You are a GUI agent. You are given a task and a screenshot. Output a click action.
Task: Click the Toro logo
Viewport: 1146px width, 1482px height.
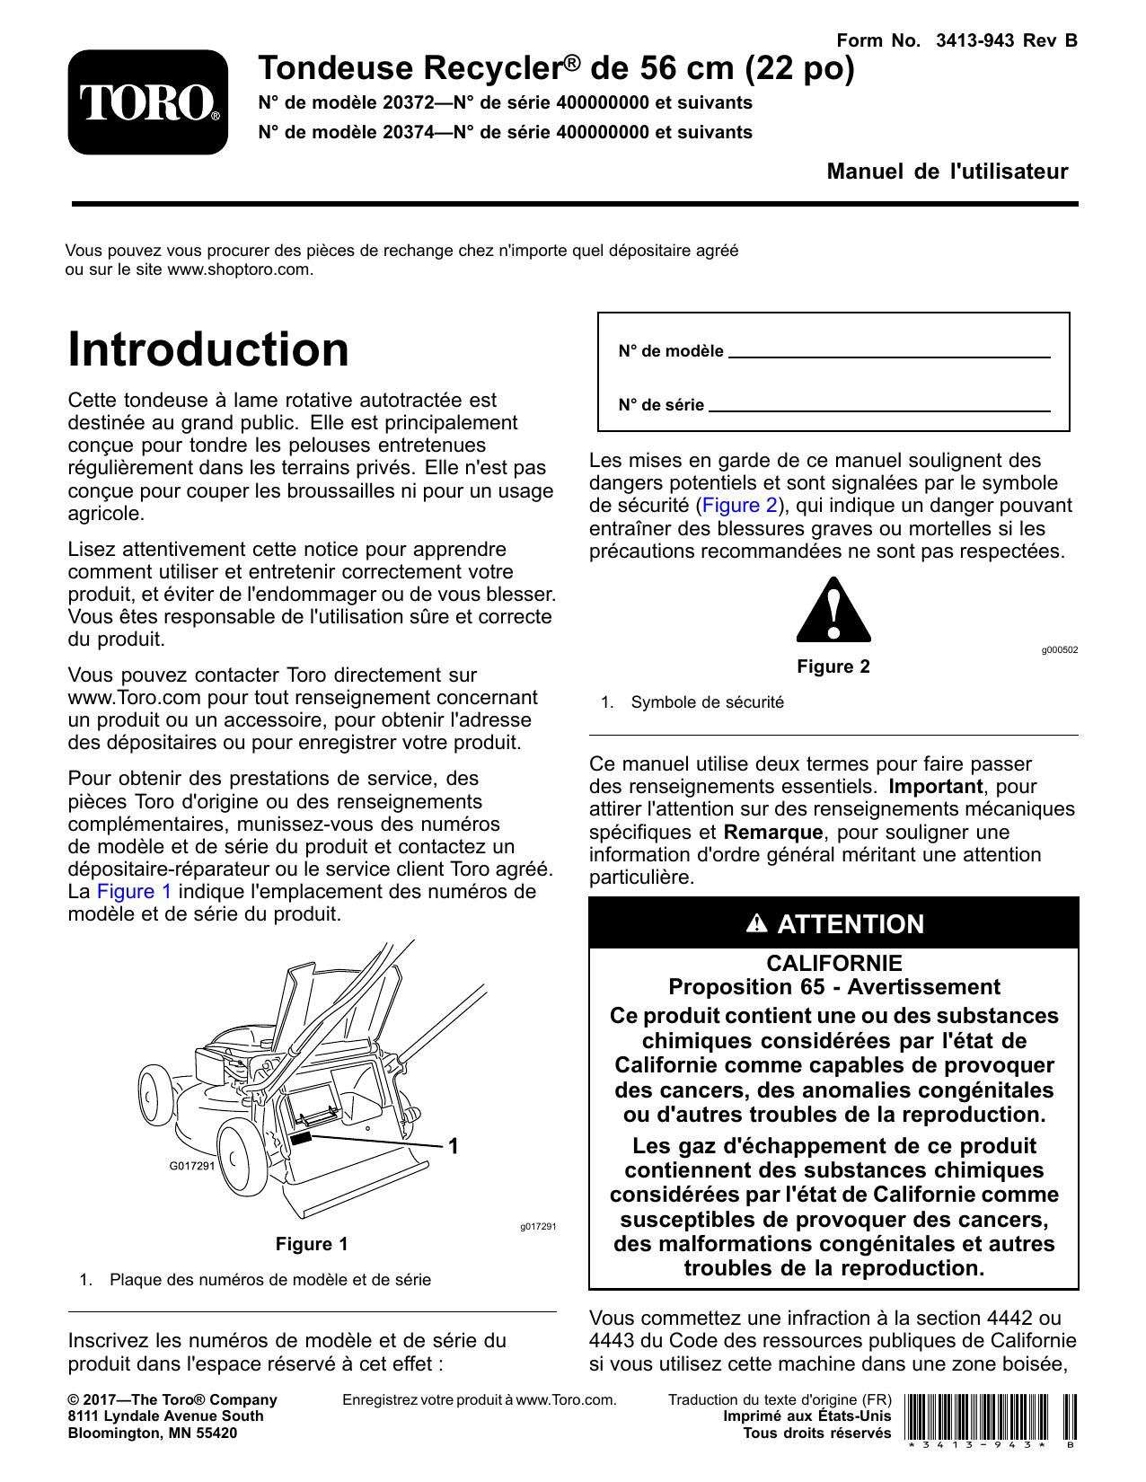click(148, 102)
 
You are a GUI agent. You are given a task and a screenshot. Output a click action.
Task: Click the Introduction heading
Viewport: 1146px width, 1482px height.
click(208, 349)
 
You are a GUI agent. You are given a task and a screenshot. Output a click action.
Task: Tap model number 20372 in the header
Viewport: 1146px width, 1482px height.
click(410, 103)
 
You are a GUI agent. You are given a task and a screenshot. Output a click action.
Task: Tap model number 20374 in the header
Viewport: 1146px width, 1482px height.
click(410, 133)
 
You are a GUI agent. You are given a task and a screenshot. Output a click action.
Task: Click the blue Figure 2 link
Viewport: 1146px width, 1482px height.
click(739, 506)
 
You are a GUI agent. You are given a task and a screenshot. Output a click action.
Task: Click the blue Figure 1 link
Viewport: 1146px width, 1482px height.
click(134, 892)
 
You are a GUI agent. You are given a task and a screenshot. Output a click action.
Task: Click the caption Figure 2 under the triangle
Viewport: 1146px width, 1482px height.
click(833, 666)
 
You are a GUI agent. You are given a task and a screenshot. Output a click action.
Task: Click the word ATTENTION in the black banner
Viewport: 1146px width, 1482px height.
click(850, 924)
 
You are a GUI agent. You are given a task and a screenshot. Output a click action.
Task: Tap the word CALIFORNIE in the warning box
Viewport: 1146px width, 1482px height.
click(833, 964)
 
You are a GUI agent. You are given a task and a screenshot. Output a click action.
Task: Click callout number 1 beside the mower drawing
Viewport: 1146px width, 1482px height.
click(454, 1146)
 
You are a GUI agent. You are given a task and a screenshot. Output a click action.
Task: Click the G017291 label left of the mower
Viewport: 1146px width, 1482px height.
click(192, 1166)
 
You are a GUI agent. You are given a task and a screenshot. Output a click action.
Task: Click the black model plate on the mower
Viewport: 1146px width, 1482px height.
click(301, 1138)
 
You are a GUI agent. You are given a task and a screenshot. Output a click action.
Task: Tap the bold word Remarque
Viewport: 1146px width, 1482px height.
click(772, 833)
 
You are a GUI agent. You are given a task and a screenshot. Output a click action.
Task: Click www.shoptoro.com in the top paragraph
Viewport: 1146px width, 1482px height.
click(239, 269)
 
